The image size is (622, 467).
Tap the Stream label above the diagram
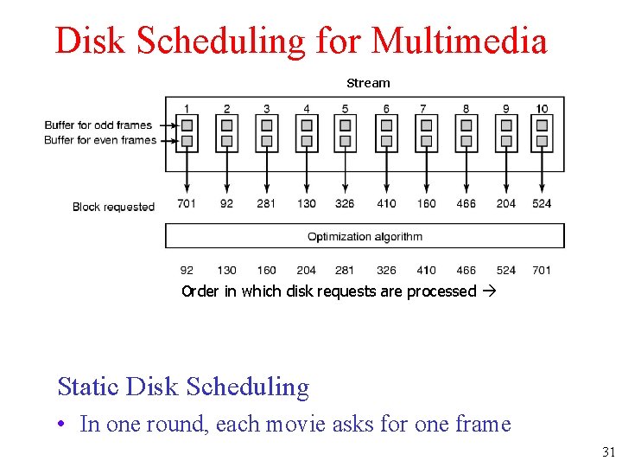368,83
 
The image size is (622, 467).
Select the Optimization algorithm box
365,236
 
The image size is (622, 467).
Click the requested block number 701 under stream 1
187,203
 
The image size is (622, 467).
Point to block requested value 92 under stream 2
226,203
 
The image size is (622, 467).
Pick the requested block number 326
345,203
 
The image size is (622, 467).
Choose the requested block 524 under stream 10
542,203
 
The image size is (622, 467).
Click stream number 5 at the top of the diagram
345,109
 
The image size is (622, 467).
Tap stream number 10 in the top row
542,109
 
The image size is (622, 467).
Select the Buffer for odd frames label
98,125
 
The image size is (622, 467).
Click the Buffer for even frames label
99,140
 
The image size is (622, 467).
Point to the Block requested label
113,207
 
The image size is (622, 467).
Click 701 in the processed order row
542,270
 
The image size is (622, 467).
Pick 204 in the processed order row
306,270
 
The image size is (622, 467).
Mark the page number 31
608,452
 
